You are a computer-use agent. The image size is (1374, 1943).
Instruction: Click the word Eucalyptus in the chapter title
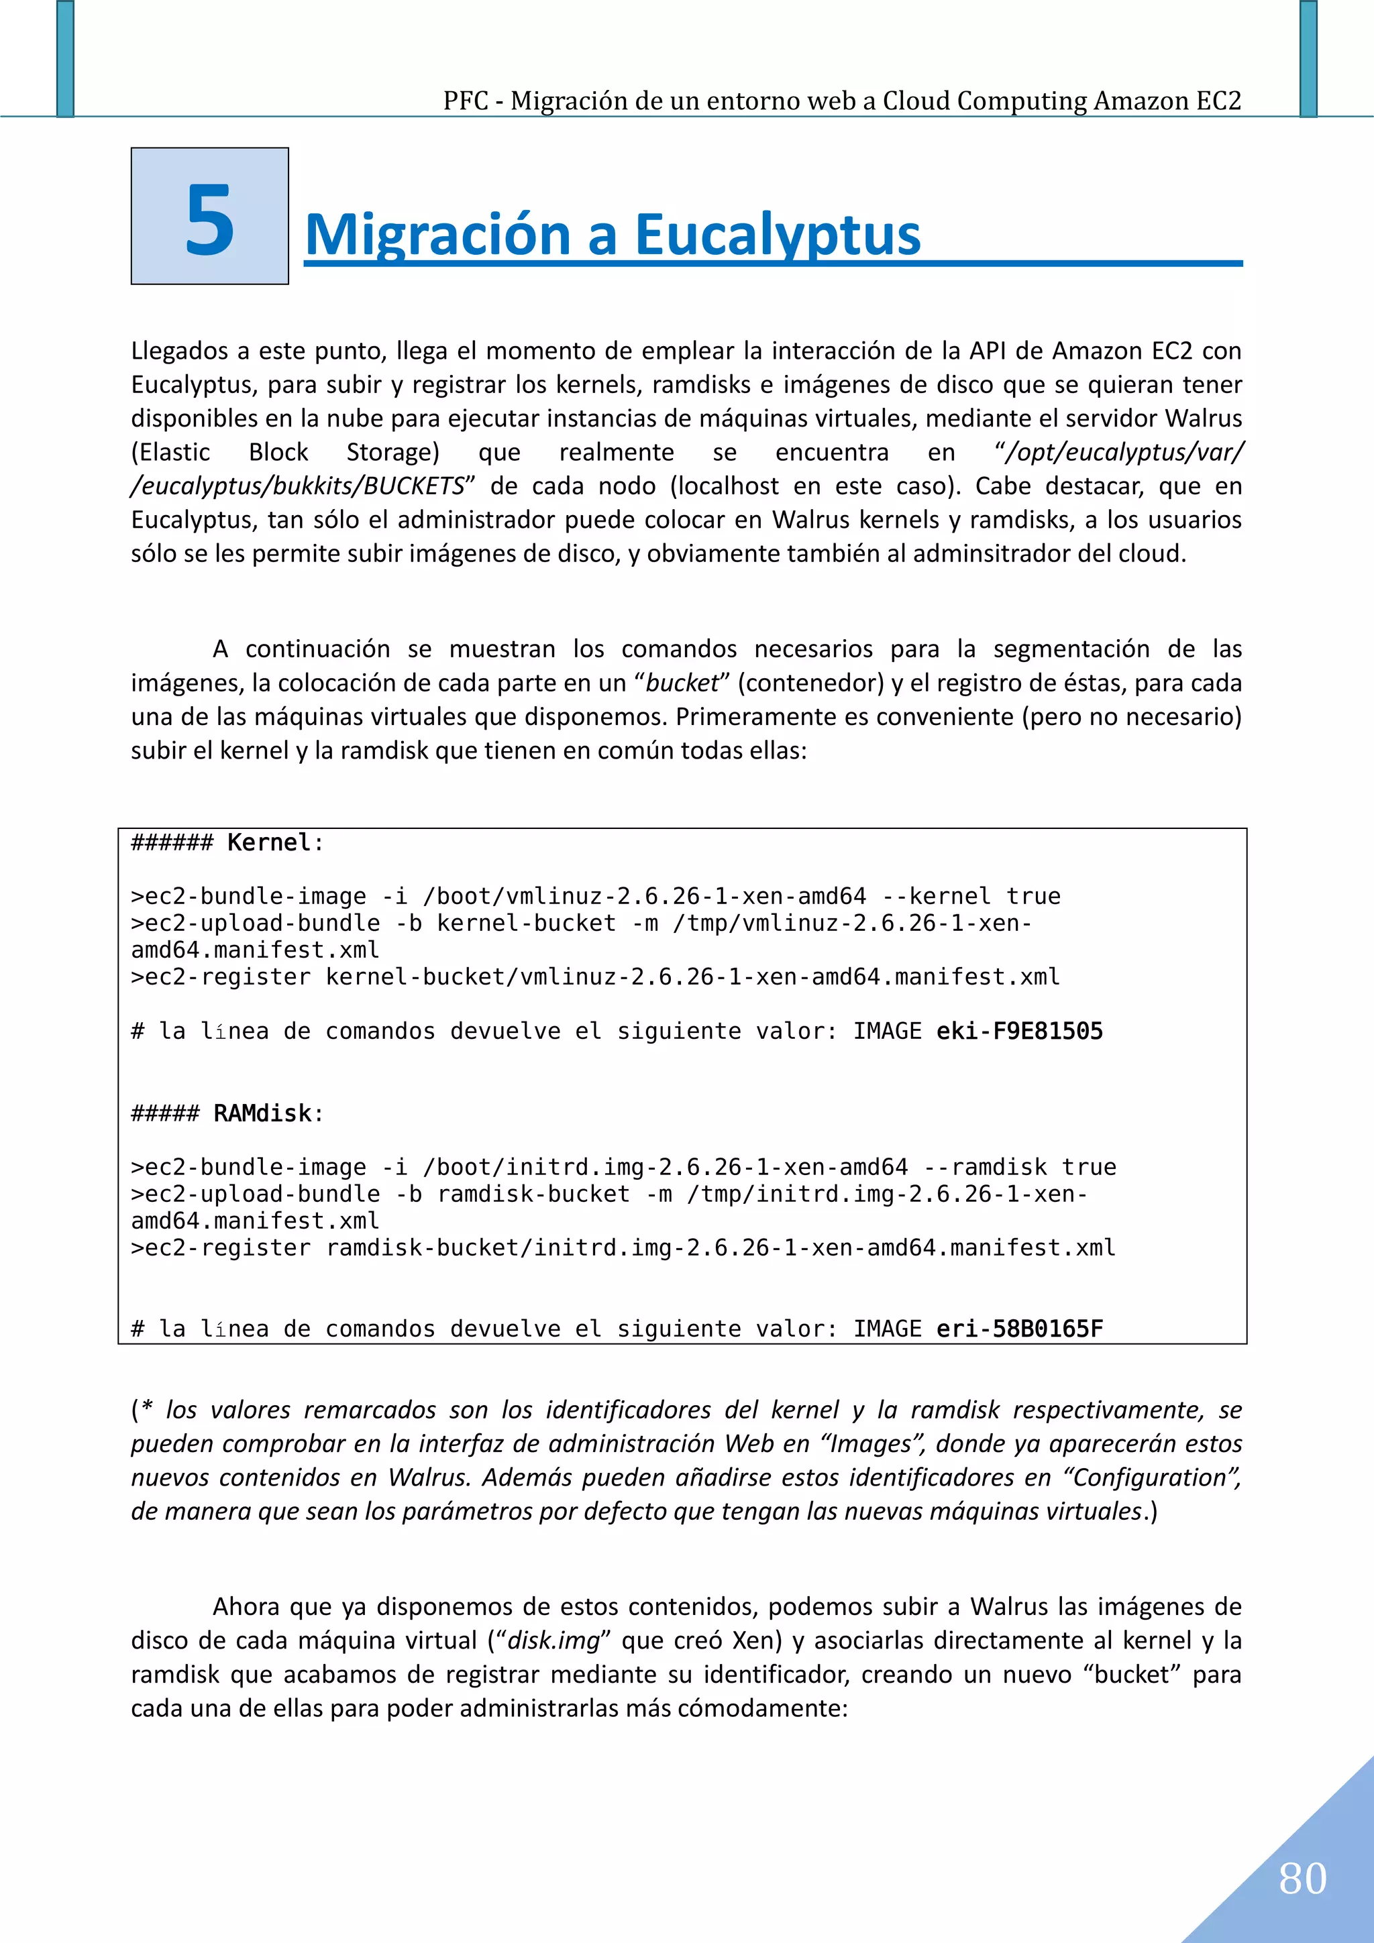[777, 235]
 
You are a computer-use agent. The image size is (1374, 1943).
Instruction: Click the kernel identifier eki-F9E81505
[1019, 1031]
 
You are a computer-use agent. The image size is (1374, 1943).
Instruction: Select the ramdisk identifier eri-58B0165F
[1019, 1329]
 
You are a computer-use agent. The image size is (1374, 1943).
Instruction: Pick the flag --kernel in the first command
[937, 896]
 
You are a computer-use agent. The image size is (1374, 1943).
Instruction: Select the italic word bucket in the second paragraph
[682, 683]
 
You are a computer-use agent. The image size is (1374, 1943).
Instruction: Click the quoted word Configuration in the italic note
[1150, 1477]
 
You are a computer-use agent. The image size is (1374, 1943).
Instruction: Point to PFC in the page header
[466, 101]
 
